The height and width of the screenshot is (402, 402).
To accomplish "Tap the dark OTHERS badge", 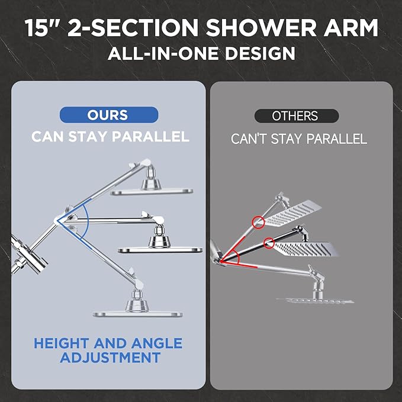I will click(295, 116).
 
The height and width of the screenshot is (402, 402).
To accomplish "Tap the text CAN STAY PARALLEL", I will click(110, 137).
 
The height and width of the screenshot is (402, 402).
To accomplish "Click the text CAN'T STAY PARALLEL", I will click(299, 139).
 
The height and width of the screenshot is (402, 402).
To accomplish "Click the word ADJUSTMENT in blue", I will click(110, 358).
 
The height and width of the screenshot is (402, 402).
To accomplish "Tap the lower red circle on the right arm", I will click(269, 242).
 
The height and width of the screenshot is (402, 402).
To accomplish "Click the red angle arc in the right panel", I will click(234, 258).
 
